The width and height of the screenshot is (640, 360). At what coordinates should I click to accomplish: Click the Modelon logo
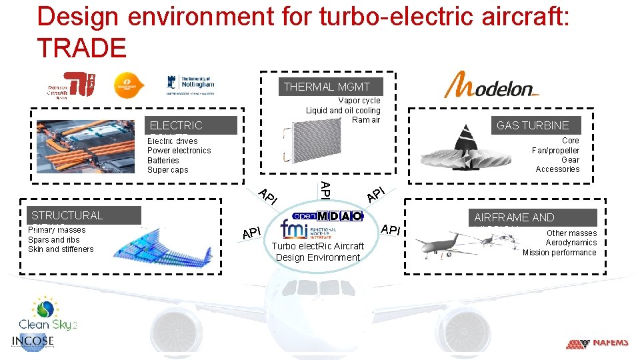[491, 86]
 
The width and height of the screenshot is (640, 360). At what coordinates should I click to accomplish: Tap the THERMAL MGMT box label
[327, 87]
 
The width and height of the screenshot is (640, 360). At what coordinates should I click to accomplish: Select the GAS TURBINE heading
[533, 125]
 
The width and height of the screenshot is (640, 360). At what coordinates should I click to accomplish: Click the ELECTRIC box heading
[176, 125]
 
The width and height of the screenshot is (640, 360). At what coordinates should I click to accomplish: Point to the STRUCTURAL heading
[67, 215]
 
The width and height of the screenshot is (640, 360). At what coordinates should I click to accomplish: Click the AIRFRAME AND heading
[514, 217]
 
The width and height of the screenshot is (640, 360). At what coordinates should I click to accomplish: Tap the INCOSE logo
[33, 341]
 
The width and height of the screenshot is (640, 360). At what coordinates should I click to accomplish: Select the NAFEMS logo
[597, 343]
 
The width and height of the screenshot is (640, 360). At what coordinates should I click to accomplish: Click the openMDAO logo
[329, 216]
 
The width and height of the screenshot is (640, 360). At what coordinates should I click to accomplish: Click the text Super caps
[168, 170]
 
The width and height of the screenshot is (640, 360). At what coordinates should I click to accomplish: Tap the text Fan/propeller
[555, 150]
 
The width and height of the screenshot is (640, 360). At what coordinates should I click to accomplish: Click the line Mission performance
[559, 253]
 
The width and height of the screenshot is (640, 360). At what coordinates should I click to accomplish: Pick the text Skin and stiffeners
[61, 249]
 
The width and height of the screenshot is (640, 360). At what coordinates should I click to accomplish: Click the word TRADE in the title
[81, 48]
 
